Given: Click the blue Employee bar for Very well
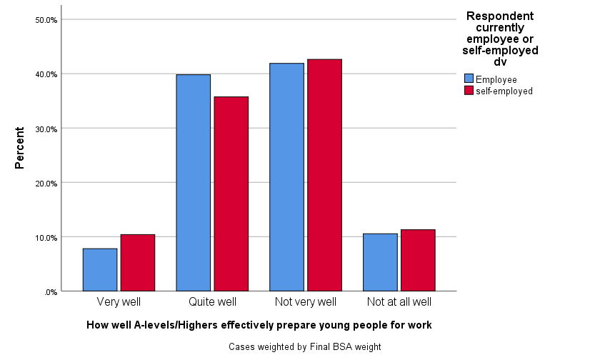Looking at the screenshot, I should [x=100, y=269].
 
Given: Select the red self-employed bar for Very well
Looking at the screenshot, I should [x=137, y=262].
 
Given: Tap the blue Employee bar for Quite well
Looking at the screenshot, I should [x=193, y=182].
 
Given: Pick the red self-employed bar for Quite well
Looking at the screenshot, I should [x=231, y=194].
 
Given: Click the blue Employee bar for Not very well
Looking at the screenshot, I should [x=286, y=176].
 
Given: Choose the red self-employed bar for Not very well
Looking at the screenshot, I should [x=324, y=174].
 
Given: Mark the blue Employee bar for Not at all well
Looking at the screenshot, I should [x=380, y=262].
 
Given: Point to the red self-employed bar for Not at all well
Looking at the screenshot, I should [x=418, y=260].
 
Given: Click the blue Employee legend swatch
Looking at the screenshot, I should [x=469, y=79].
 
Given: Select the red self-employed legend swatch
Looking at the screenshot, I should [x=469, y=91].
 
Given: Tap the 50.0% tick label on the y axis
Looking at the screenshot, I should [x=46, y=20].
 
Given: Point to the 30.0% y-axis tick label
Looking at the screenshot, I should [x=46, y=129].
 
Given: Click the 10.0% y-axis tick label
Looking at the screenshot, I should [x=46, y=237].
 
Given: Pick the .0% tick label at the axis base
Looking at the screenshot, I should [x=51, y=291].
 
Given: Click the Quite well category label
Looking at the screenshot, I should [x=212, y=302].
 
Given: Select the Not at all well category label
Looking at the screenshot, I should [x=399, y=302].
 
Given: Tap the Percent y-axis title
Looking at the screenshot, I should [x=19, y=148].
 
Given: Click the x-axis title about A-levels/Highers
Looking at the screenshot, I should [x=259, y=325].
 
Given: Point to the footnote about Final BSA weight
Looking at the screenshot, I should [x=305, y=347].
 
